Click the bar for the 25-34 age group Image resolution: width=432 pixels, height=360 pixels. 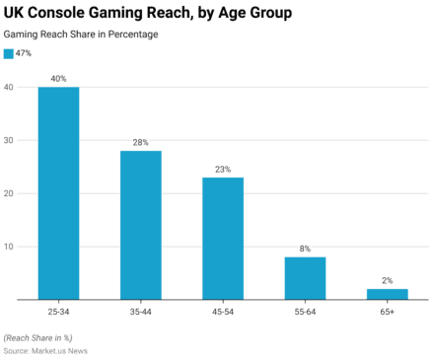coord(58,192)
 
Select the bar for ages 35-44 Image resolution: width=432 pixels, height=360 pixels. coord(140,224)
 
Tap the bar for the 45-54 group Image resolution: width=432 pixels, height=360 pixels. coord(223,238)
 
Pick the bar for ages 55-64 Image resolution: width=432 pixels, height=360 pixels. coord(305,277)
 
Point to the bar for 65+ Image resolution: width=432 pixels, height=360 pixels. coord(387,293)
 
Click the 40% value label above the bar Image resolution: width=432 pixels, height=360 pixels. coord(58,78)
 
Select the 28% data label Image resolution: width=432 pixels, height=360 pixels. coord(140,142)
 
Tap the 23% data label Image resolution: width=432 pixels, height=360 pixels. coord(223,169)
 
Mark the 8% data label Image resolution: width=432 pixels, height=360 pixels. coord(305,249)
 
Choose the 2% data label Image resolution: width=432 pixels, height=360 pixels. coord(387,280)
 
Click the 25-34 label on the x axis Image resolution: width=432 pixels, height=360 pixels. coord(58,311)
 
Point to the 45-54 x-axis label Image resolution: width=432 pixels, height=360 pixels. coord(223,311)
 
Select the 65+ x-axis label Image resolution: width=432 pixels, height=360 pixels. coord(387,311)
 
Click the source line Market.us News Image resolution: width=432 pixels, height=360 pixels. coord(46,351)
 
